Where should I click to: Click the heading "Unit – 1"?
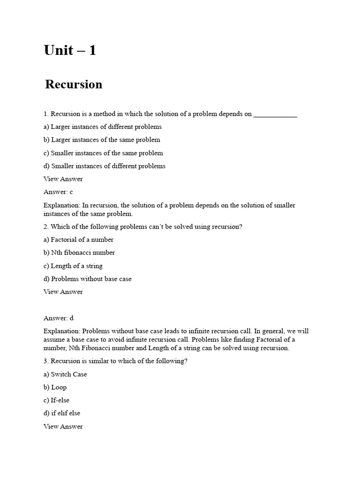[x=70, y=51]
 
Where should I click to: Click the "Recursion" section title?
[x=74, y=84]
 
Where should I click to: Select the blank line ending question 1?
[x=275, y=114]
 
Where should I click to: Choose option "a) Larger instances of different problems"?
[x=103, y=127]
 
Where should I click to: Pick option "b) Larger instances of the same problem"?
[x=102, y=140]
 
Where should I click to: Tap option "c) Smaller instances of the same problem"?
[x=103, y=153]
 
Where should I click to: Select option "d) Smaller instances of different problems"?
[x=105, y=166]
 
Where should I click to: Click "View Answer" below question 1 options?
[x=63, y=179]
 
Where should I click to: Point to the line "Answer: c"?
[x=58, y=192]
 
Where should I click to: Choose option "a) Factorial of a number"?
[x=79, y=240]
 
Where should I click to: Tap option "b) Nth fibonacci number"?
[x=79, y=253]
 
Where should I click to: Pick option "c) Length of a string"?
[x=73, y=266]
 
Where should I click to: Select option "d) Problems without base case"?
[x=88, y=279]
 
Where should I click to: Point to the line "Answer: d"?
[x=59, y=318]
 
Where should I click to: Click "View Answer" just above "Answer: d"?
[x=63, y=292]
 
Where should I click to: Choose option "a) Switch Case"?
[x=65, y=375]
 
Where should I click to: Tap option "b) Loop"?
[x=55, y=387]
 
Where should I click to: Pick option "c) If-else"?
[x=56, y=400]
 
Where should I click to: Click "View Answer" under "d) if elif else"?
[x=63, y=427]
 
